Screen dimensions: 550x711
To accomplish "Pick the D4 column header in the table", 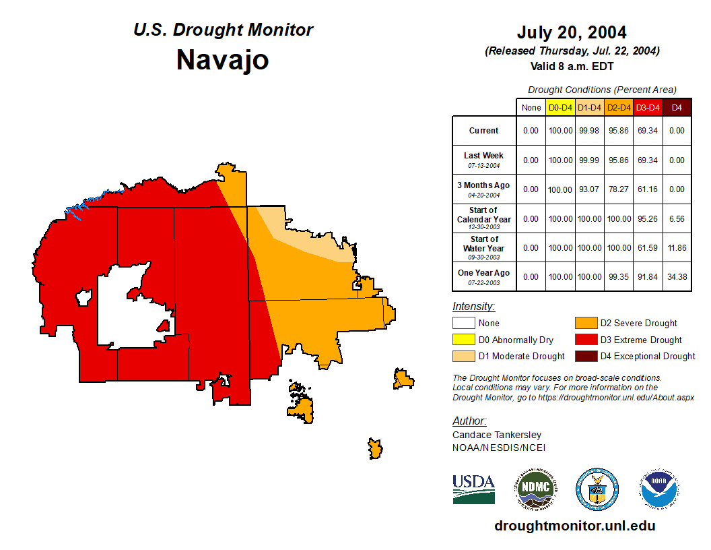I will tap(677, 107).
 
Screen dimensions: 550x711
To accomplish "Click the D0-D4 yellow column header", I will tap(560, 107).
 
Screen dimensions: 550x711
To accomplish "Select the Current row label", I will tap(484, 131).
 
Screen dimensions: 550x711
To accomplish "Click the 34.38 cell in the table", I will tap(677, 276).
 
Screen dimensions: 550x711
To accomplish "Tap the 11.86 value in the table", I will tap(677, 247).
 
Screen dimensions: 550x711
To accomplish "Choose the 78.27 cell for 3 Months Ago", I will tap(619, 189).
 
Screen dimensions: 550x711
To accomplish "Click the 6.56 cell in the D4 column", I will tap(677, 218).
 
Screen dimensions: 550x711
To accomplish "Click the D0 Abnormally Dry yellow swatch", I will tap(463, 340).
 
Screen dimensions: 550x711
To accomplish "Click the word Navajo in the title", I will tap(222, 60).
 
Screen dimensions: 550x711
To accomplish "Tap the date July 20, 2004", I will tap(572, 32).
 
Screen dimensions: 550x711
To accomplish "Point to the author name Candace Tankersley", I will tap(497, 435).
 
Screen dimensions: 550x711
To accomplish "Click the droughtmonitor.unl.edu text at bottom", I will tap(574, 526).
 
